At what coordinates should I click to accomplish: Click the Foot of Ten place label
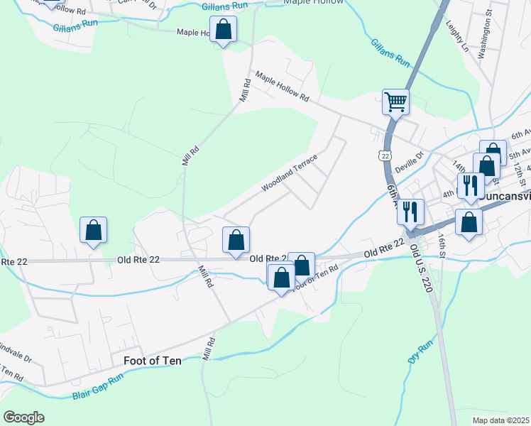coord(153,360)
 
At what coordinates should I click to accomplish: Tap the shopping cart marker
coord(395,102)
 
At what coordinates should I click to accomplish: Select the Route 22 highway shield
coord(384,155)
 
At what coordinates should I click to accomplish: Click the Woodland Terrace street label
coord(288,175)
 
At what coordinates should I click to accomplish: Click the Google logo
coord(23,417)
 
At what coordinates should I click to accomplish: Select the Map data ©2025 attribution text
coord(500,420)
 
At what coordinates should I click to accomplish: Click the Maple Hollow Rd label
coord(283,87)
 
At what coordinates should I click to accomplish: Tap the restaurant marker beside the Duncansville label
coord(470,187)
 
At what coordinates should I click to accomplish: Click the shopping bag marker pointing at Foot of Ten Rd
coord(281,278)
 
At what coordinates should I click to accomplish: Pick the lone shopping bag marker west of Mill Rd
coord(93,231)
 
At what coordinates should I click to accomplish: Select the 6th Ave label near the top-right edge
coord(522,133)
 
